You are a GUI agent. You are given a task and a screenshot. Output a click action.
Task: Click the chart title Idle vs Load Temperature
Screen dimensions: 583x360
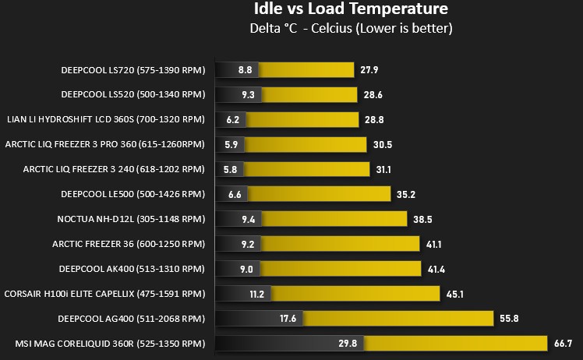(351, 8)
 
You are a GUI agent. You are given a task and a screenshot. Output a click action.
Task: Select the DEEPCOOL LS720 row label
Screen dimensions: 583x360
(133, 70)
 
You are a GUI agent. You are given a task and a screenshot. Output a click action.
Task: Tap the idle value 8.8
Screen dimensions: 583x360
(245, 70)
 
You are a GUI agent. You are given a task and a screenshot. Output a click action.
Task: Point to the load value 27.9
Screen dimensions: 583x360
(369, 70)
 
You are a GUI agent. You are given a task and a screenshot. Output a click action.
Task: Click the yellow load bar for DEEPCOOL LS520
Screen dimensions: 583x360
(309, 95)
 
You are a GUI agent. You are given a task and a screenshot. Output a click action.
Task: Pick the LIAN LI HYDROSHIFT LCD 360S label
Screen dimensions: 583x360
(106, 119)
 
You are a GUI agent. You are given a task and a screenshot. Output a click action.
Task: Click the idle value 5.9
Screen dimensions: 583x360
(231, 145)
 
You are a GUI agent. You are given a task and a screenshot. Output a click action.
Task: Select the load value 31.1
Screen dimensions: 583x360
(383, 170)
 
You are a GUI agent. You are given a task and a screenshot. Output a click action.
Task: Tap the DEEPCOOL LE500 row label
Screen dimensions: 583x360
(133, 194)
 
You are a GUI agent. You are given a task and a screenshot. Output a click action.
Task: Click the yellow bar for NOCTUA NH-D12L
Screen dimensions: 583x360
(334, 219)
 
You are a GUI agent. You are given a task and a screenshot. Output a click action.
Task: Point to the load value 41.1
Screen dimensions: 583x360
(434, 245)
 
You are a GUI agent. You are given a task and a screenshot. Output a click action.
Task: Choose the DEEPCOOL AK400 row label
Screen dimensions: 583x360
(132, 269)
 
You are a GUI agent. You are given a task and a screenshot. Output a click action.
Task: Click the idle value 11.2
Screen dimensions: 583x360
(257, 295)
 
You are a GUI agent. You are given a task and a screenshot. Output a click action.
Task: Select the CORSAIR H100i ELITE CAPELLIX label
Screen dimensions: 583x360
(105, 294)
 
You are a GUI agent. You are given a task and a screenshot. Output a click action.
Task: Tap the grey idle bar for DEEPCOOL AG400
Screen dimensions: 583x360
(259, 319)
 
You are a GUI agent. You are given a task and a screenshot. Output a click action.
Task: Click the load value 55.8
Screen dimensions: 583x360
(509, 319)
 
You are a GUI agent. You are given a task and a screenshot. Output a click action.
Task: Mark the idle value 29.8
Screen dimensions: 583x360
(348, 344)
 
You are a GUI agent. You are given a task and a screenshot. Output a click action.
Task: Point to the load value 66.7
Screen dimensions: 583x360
(564, 344)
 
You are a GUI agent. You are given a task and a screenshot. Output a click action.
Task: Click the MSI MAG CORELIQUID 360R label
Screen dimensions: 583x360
(110, 344)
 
